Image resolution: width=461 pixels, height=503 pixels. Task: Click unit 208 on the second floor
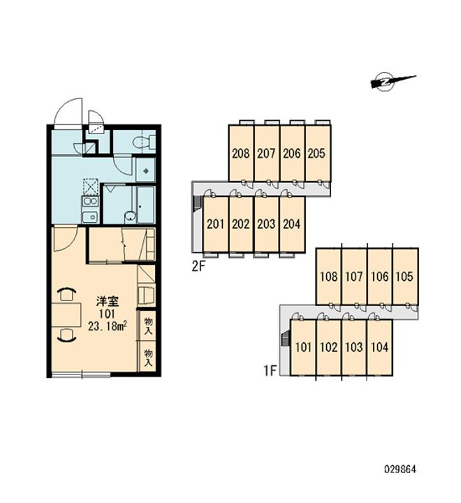pos(241,153)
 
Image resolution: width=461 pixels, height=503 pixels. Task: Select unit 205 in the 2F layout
pos(317,153)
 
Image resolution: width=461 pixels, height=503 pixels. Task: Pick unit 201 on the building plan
pos(216,224)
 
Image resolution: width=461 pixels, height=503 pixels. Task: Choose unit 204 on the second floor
pos(292,224)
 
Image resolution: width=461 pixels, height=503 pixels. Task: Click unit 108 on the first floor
pos(329,276)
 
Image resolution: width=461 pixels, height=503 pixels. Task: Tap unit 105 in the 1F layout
pos(405,276)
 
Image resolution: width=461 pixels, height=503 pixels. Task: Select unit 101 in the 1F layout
pos(303,347)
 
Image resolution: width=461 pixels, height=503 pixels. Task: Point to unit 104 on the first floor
pos(379,347)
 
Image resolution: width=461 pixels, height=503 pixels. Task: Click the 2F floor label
pos(198,267)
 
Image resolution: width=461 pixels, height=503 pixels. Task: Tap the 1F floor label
pos(270,370)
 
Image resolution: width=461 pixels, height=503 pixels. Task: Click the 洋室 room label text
pos(108,302)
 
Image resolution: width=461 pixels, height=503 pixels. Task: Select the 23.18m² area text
pos(108,326)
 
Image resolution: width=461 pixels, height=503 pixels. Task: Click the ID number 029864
pos(400,469)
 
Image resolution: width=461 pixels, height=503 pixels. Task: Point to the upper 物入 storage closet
pos(147,326)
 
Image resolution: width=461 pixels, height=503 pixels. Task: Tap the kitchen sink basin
pos(90,217)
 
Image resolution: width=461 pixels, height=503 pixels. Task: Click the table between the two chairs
pos(66,314)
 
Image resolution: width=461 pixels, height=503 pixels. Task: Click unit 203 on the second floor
pos(266,224)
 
